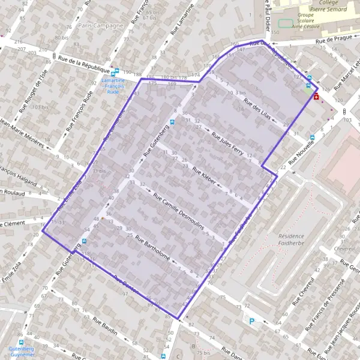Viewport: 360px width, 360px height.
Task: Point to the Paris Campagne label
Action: click(100, 26)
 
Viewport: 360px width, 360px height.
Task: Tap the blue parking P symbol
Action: click(252, 321)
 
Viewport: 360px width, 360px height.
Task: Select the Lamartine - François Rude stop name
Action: click(113, 86)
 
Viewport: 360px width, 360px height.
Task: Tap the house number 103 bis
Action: click(40, 107)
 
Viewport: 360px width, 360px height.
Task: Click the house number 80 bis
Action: click(61, 37)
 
